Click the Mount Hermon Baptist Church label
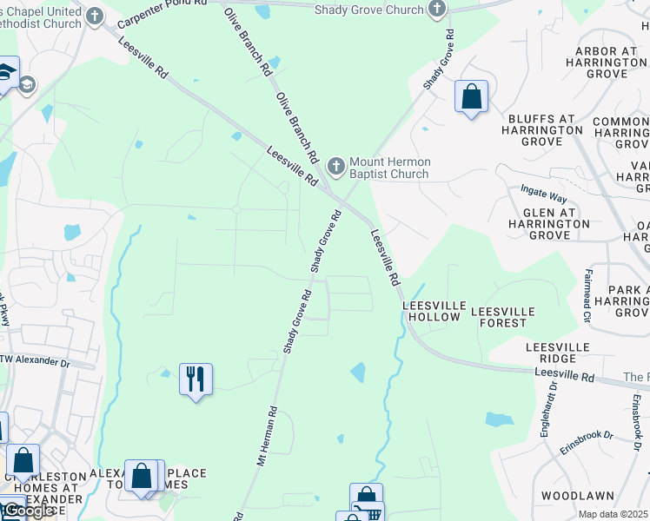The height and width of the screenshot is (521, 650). [388, 168]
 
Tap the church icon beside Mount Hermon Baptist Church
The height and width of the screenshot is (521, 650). [337, 165]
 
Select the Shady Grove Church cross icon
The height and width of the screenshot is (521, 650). [437, 10]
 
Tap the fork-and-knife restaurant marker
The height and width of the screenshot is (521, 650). [196, 379]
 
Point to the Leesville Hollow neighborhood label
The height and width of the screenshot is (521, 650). [431, 312]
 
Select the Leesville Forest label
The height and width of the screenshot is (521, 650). [499, 316]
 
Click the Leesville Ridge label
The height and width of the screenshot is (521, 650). [558, 353]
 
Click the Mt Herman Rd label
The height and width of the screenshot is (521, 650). [266, 437]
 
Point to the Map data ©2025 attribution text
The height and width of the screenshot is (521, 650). [613, 514]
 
